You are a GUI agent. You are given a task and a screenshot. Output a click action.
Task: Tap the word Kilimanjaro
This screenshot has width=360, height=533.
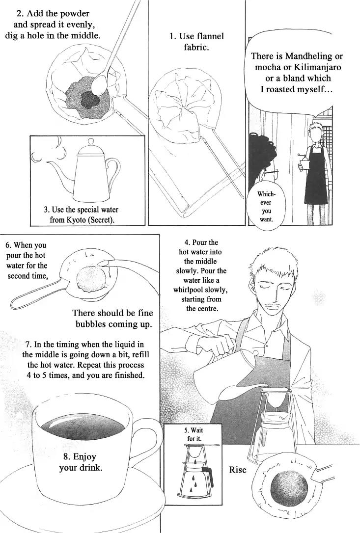click(x=320, y=67)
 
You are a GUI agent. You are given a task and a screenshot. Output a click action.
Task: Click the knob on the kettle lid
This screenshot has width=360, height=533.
click(x=90, y=141)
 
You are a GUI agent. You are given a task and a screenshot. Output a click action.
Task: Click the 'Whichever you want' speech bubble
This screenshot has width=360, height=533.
click(x=266, y=206)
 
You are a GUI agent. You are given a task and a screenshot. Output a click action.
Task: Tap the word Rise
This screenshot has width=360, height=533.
click(x=238, y=470)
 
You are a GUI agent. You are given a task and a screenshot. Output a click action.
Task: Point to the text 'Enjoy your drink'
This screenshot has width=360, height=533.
click(x=81, y=462)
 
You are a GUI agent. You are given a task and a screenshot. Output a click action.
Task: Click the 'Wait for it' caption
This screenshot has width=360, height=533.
click(x=194, y=434)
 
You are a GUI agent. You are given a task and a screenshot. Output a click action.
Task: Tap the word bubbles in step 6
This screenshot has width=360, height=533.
click(x=91, y=324)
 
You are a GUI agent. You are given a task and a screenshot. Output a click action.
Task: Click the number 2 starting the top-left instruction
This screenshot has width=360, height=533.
click(x=19, y=14)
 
